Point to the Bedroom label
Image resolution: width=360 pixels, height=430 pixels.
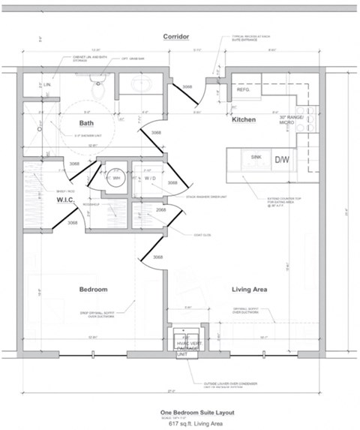click(x=94, y=290)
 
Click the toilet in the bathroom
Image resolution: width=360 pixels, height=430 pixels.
click(x=97, y=89)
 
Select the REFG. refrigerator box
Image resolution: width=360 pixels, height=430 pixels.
click(x=243, y=89)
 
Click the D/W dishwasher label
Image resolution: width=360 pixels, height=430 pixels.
click(x=282, y=160)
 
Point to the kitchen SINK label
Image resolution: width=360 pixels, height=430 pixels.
click(x=256, y=157)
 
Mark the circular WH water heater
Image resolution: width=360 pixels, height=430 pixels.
click(x=115, y=179)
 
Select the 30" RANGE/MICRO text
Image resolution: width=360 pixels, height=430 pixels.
click(x=290, y=121)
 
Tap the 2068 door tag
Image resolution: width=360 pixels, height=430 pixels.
click(x=160, y=210)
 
